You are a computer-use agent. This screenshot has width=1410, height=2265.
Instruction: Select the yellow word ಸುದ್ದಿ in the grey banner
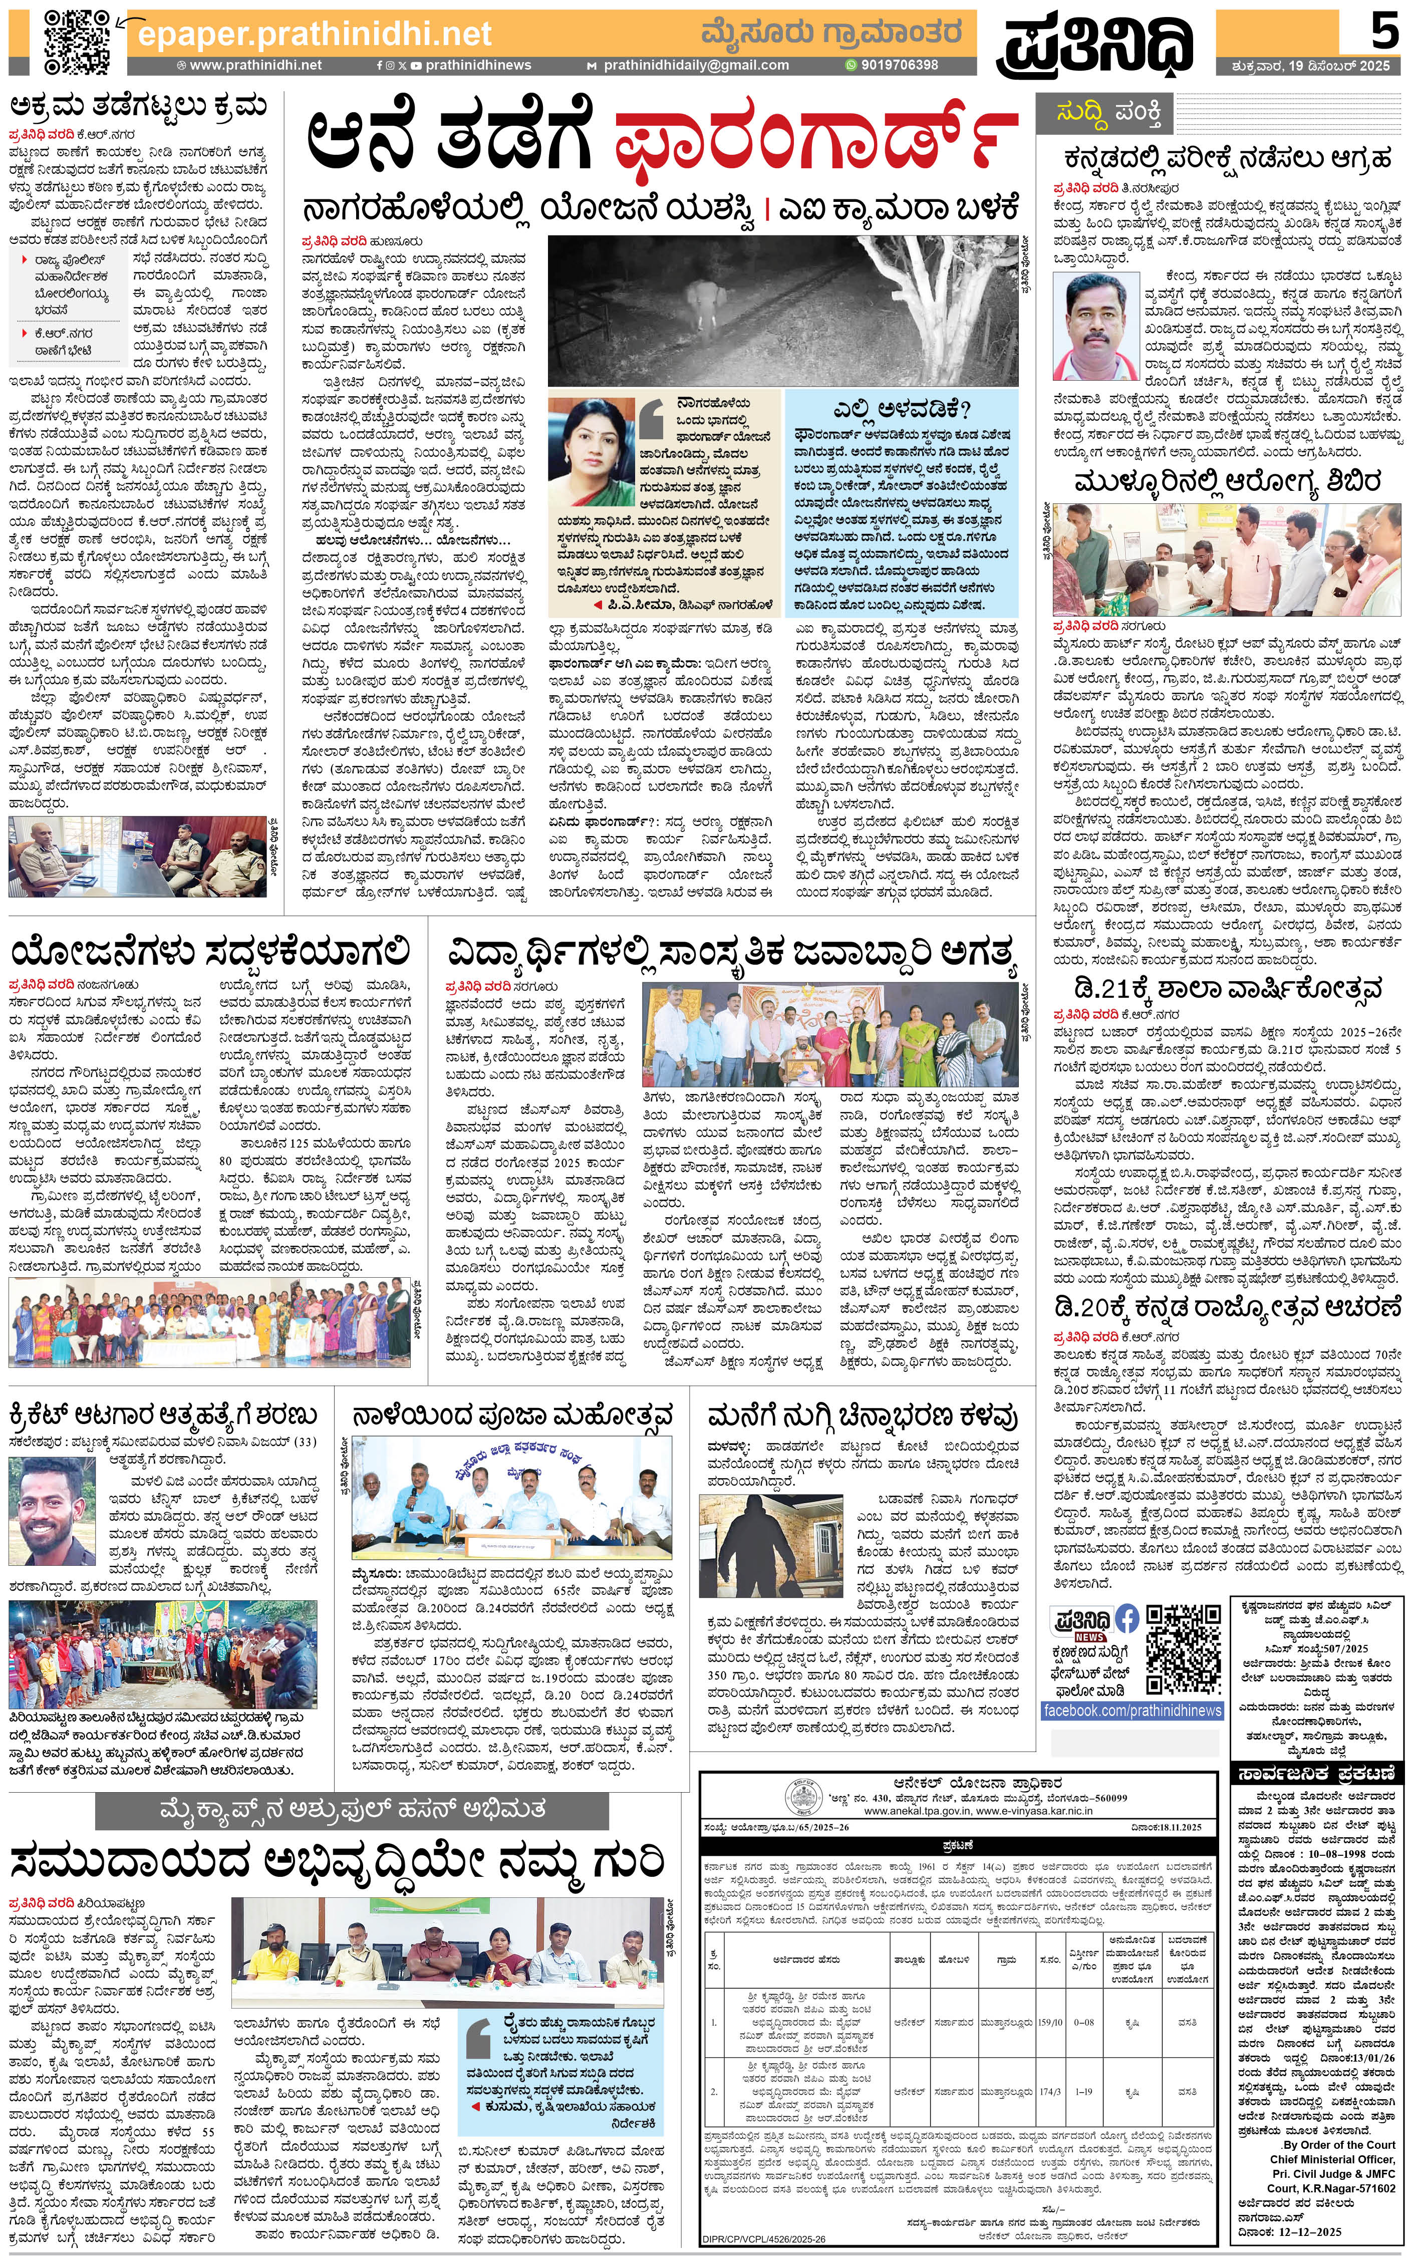click(x=1086, y=114)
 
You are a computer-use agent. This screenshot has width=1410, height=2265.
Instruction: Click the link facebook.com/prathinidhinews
click(x=1132, y=1710)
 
